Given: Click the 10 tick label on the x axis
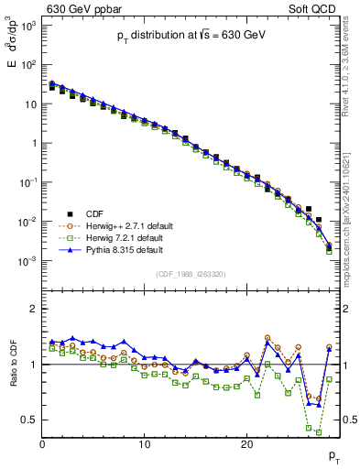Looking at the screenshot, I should [x=144, y=444].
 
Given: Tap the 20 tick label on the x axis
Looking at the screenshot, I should [x=245, y=444].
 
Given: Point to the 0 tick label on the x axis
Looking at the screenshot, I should [x=43, y=444].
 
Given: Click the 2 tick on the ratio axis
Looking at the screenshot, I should [x=33, y=309].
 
